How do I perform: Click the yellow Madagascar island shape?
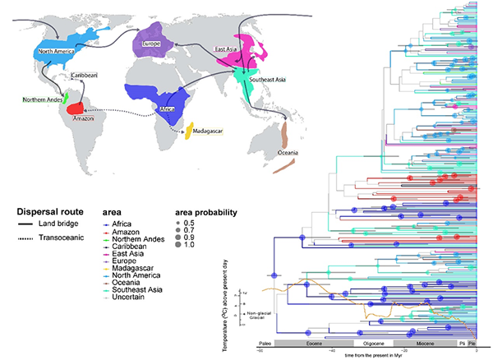pos(189,130)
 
